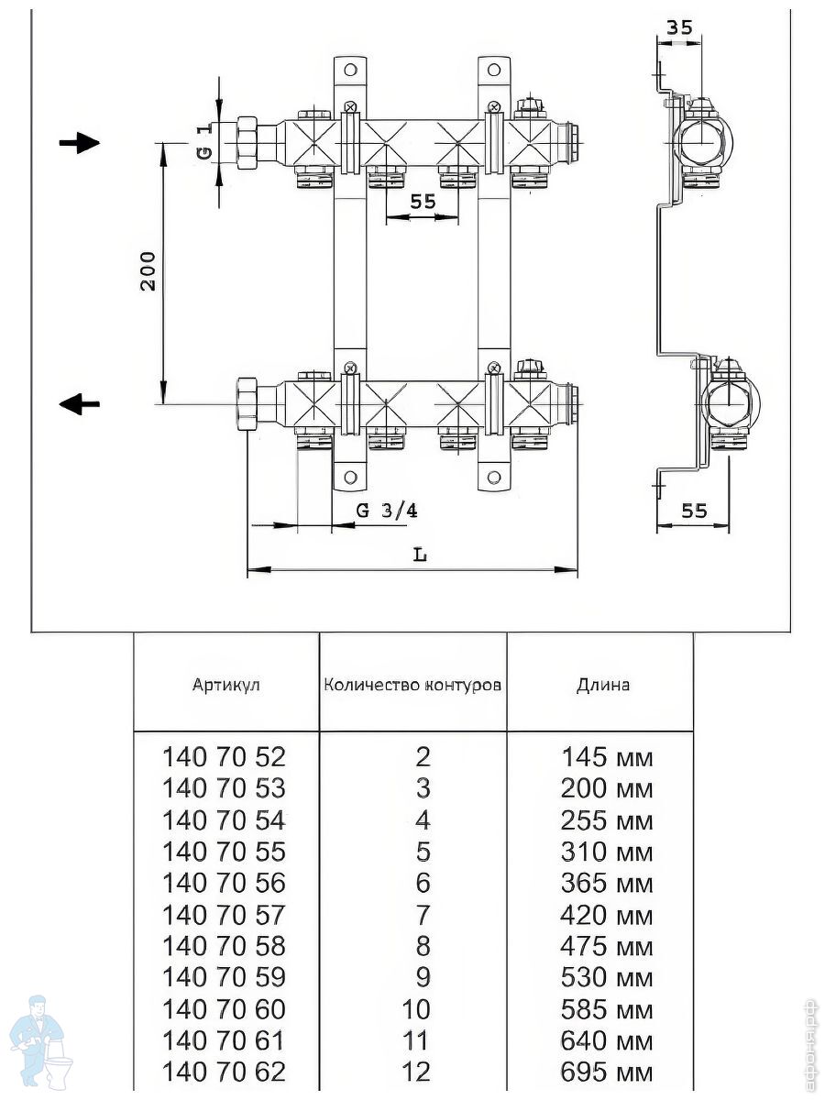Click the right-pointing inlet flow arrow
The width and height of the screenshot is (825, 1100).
click(79, 143)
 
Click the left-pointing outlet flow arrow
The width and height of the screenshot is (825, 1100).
click(79, 403)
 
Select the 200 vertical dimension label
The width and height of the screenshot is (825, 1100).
click(148, 271)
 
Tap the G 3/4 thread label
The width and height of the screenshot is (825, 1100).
click(386, 511)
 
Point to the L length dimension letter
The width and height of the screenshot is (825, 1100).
click(420, 555)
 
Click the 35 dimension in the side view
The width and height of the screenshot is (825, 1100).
click(679, 27)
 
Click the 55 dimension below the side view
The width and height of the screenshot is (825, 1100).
click(694, 511)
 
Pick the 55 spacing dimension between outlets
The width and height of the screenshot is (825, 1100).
click(423, 201)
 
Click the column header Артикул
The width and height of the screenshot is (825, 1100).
click(225, 684)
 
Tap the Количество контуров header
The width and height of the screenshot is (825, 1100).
click(412, 685)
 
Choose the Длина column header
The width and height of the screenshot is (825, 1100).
click(602, 685)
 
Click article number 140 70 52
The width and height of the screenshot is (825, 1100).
click(224, 757)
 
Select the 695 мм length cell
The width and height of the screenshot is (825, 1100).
click(607, 1072)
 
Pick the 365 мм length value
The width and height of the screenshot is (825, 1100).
click(607, 883)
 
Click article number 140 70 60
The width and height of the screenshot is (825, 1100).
click(224, 1009)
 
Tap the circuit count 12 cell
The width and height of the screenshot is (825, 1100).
click(416, 1072)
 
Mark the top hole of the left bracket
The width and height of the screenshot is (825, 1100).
click(350, 69)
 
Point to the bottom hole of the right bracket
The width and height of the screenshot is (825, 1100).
click(494, 477)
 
